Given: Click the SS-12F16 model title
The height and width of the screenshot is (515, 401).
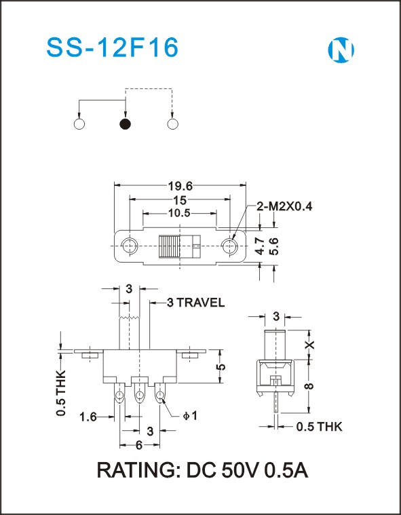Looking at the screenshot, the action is pos(113,48).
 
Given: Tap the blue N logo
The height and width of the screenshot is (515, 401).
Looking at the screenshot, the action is pos(341,50).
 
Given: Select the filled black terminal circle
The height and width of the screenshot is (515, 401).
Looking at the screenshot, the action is pos(125,124).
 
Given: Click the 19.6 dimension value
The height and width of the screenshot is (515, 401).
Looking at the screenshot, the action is pos(180,186).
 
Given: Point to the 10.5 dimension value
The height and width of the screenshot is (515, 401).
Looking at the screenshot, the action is pos(179,213).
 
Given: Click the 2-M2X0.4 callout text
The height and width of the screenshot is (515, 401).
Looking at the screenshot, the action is pos(284,206).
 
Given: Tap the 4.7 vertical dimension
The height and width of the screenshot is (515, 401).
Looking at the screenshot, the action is pos(260,246).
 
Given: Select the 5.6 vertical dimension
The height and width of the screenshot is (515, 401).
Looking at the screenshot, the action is pos(273,246).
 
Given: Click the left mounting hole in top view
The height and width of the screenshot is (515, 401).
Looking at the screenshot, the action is pos(130,246).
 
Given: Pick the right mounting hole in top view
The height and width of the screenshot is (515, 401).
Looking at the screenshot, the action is pos(229,246).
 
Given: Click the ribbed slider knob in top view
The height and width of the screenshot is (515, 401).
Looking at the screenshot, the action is pos(169,246).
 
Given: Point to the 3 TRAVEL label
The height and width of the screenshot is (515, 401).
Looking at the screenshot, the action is pos(195,303).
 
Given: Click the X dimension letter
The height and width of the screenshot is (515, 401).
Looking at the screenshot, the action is pos(309,345).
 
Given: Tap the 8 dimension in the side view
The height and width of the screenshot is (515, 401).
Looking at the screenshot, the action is pos(309,385).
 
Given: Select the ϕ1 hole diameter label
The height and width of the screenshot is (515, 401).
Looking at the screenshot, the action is pos(190,416).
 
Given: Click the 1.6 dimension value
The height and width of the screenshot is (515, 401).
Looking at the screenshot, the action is pos(88,417).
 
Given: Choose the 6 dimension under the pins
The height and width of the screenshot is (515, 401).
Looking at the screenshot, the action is pos(139,445).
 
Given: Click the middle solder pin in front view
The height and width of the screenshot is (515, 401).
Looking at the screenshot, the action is pos(140,393).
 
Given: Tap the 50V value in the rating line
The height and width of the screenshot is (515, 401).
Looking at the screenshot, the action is pos(241,471).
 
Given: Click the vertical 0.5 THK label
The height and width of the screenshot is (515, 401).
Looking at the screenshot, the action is pos(61,393).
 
